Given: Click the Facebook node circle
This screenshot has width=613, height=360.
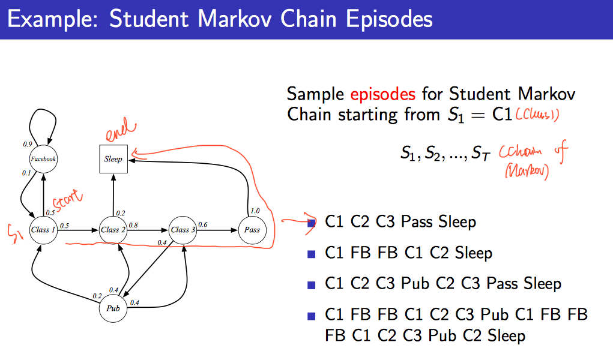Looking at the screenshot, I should pos(43,159).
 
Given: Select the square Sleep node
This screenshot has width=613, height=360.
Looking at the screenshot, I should pos(113,159).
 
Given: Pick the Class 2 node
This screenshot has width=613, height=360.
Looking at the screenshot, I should pos(113,230).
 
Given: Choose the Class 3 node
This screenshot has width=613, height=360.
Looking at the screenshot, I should pos(183,230).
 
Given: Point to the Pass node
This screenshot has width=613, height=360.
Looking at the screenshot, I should pos(252,230).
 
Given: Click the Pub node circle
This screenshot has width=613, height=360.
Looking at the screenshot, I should pos(113,308).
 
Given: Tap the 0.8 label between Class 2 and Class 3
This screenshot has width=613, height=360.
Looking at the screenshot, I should pos(133,225).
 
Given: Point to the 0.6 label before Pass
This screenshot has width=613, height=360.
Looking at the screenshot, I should pos(202,225).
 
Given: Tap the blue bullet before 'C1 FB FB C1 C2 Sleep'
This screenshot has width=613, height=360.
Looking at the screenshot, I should pos(311,253).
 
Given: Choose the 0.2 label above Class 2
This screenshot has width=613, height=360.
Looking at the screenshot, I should pos(121,213).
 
